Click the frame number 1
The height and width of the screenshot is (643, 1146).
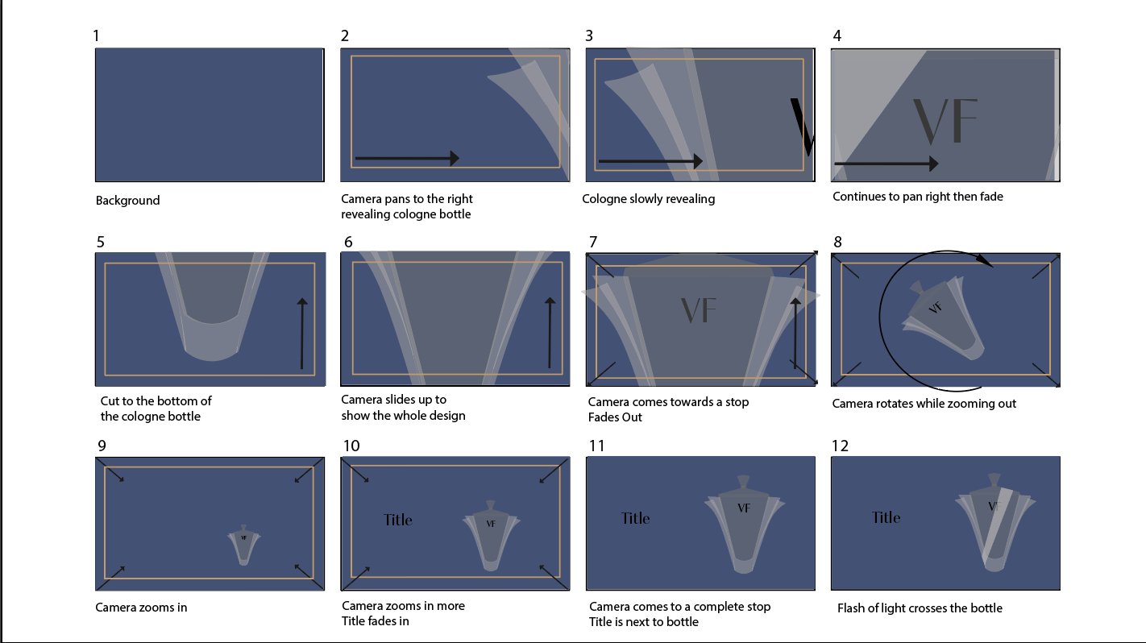click(97, 35)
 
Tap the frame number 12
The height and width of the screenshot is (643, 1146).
click(840, 446)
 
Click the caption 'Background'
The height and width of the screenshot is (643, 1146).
click(127, 201)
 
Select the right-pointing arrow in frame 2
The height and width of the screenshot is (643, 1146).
click(406, 159)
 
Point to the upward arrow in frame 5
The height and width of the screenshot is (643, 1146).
click(302, 334)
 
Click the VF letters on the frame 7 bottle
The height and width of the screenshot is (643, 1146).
click(699, 310)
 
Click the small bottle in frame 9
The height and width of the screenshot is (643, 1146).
click(243, 546)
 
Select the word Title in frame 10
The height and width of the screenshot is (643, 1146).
click(398, 520)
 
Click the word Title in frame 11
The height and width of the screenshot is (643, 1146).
click(635, 518)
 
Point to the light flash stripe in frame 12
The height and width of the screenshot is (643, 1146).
click(995, 524)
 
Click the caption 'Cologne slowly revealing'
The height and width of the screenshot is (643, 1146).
click(648, 199)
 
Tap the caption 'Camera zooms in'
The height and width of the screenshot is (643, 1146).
click(141, 607)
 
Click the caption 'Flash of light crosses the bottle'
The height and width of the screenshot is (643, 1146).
click(920, 608)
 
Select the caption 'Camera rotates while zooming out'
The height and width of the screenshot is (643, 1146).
click(924, 403)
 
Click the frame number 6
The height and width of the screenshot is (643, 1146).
click(347, 242)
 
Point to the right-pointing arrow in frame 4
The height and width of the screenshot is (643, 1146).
click(886, 164)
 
